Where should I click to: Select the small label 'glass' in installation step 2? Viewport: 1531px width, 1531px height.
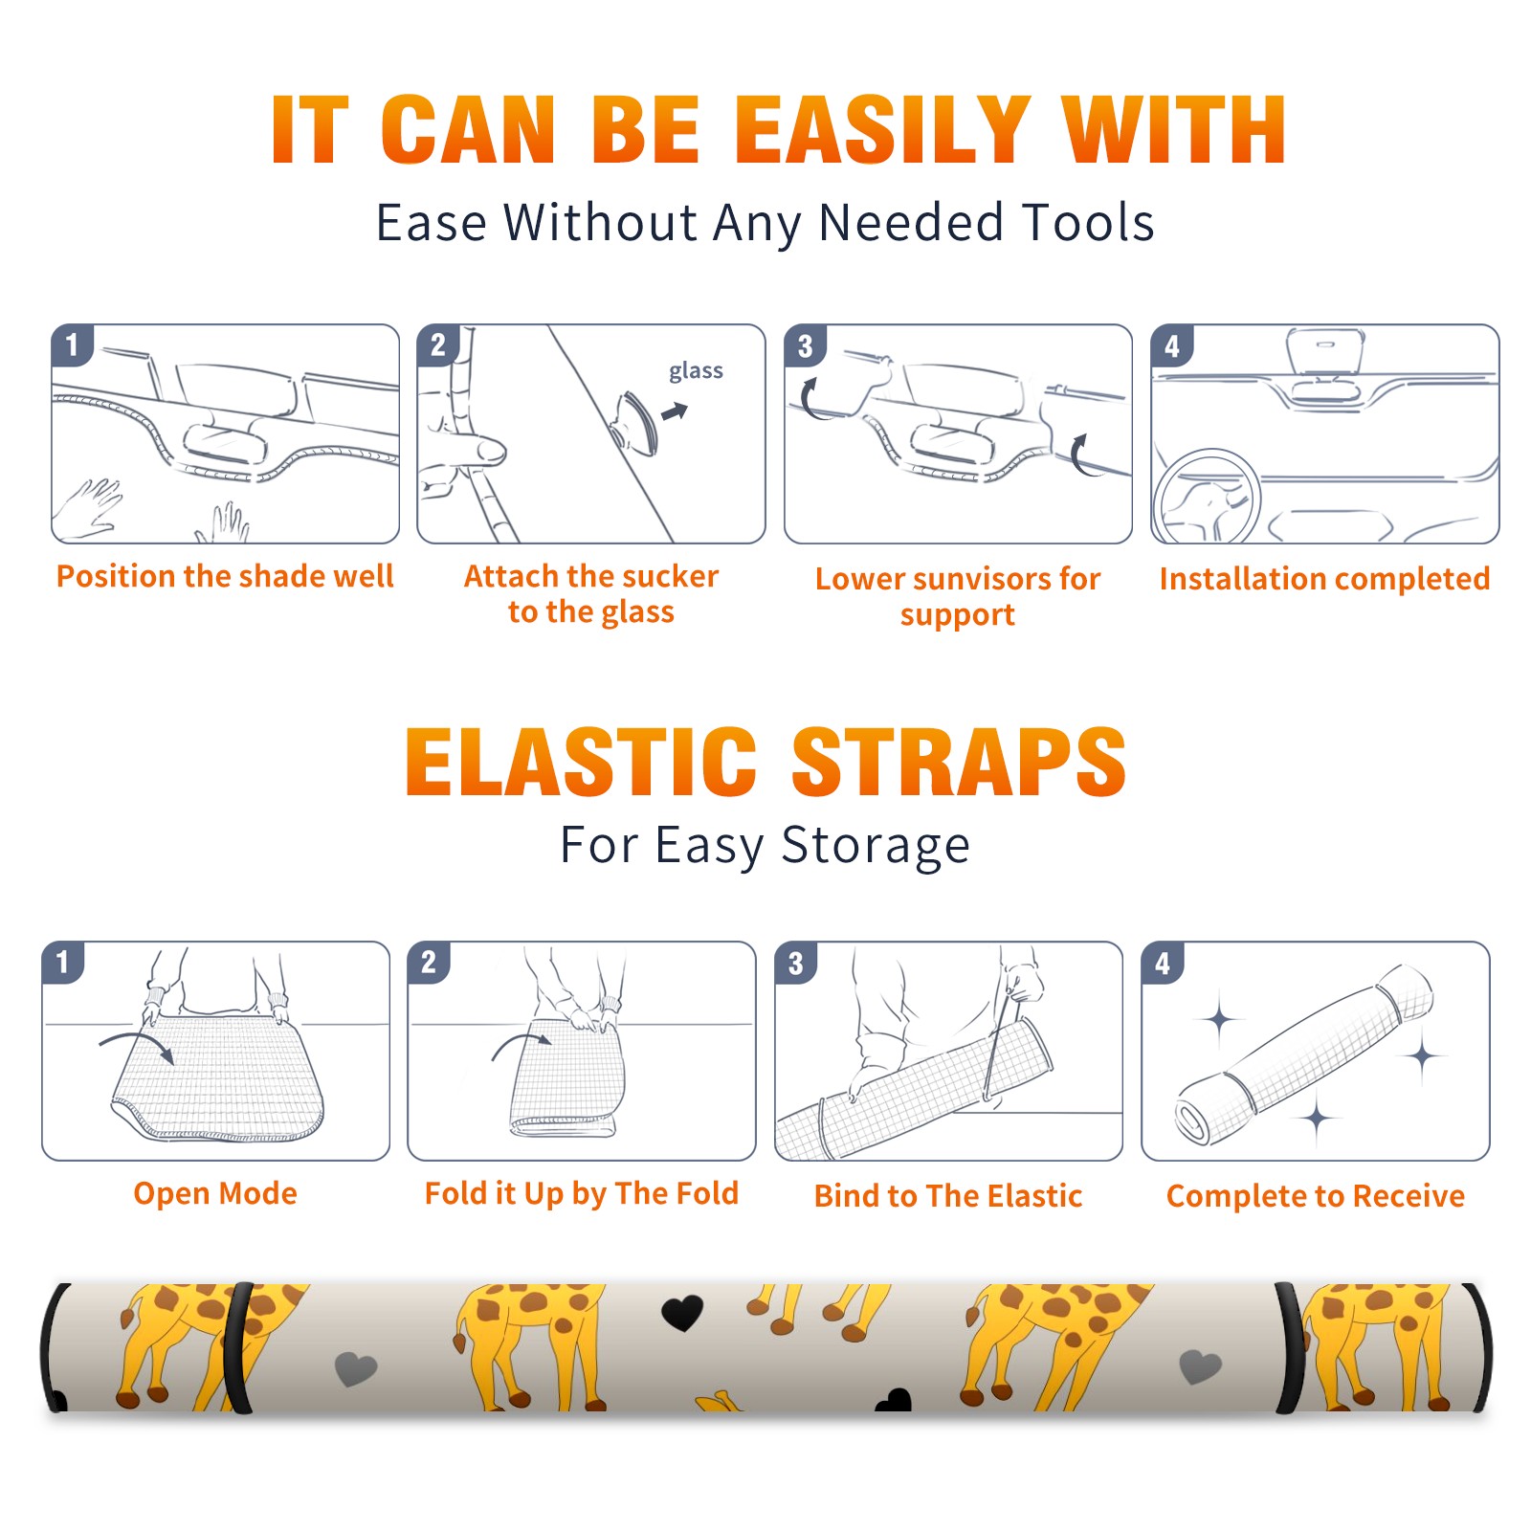(x=696, y=371)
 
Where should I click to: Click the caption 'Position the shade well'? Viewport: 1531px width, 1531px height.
(x=225, y=576)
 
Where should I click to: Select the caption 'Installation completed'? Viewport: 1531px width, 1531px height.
(x=1324, y=579)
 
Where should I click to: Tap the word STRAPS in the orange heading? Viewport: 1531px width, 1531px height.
(x=959, y=762)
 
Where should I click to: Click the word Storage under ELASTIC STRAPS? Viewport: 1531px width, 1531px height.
(x=876, y=846)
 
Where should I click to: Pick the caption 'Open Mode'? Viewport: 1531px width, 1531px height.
(x=215, y=1193)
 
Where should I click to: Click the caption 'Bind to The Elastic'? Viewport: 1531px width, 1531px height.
(x=948, y=1196)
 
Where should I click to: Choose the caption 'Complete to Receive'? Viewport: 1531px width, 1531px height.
(x=1316, y=1196)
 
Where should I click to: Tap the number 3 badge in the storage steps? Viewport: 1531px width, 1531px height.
(x=795, y=964)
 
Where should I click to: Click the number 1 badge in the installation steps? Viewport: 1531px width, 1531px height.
(x=72, y=344)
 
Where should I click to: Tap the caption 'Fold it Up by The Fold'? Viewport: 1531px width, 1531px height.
(x=582, y=1194)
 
